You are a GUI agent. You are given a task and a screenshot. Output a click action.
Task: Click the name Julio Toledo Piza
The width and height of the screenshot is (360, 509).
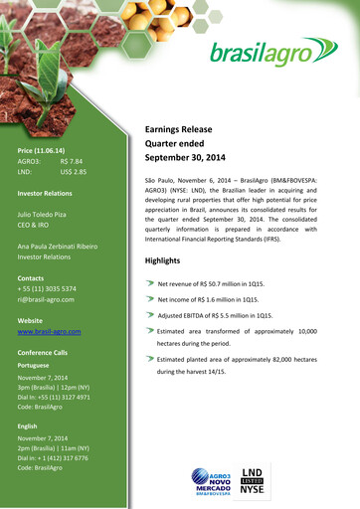click(x=48, y=215)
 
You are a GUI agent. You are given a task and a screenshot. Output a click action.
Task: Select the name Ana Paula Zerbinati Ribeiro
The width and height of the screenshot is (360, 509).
click(x=58, y=245)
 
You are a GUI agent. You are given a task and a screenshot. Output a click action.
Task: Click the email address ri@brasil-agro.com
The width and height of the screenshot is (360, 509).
click(x=47, y=298)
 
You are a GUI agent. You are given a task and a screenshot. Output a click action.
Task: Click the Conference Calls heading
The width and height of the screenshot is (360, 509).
click(x=43, y=353)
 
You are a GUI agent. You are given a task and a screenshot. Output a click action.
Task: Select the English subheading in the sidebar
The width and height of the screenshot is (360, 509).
click(x=28, y=425)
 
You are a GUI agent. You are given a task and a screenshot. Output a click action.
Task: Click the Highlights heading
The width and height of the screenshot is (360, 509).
click(x=163, y=260)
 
